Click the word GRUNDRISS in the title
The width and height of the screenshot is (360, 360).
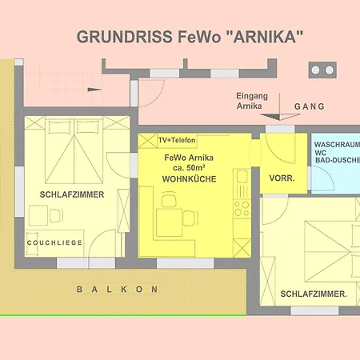point(125,37)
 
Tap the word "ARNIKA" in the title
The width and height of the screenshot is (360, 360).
point(265,37)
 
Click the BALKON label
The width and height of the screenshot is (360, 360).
point(118,290)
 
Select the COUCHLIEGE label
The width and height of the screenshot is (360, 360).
point(54,242)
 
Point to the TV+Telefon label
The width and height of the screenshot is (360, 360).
point(177,140)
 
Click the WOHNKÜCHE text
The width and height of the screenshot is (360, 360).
point(189,179)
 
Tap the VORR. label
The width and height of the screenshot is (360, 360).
point(282,178)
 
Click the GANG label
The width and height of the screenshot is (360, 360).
point(310,106)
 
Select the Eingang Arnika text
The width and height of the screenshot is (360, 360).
point(252,101)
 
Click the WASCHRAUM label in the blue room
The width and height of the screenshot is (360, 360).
point(337,145)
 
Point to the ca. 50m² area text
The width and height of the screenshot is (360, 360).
point(189,168)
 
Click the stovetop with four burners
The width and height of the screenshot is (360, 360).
point(242,209)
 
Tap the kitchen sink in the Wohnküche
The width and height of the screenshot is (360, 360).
point(242,176)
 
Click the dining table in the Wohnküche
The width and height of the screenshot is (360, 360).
point(170,222)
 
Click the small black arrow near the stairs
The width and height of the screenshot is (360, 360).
point(94,90)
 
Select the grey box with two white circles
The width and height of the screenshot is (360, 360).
point(322,70)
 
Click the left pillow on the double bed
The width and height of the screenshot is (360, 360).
point(60,127)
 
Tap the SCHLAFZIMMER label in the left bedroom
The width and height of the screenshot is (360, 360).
point(72,194)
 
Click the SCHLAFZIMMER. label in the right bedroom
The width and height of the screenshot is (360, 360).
point(314,294)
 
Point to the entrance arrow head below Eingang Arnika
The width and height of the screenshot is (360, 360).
point(280,117)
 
